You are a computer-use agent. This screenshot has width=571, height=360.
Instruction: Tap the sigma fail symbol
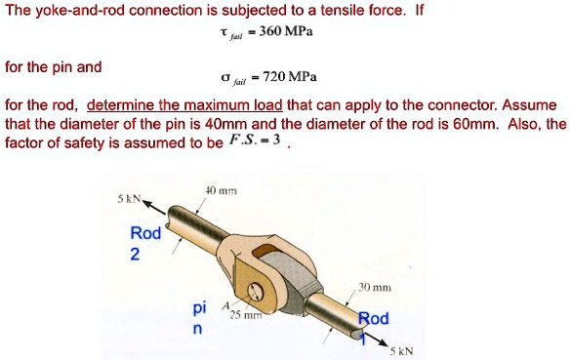tap(232, 77)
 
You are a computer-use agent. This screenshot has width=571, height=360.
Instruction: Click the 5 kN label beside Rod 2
tap(129, 198)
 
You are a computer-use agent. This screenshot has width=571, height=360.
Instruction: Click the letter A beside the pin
tap(226, 306)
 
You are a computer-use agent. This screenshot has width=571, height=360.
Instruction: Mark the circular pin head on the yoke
tap(258, 290)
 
